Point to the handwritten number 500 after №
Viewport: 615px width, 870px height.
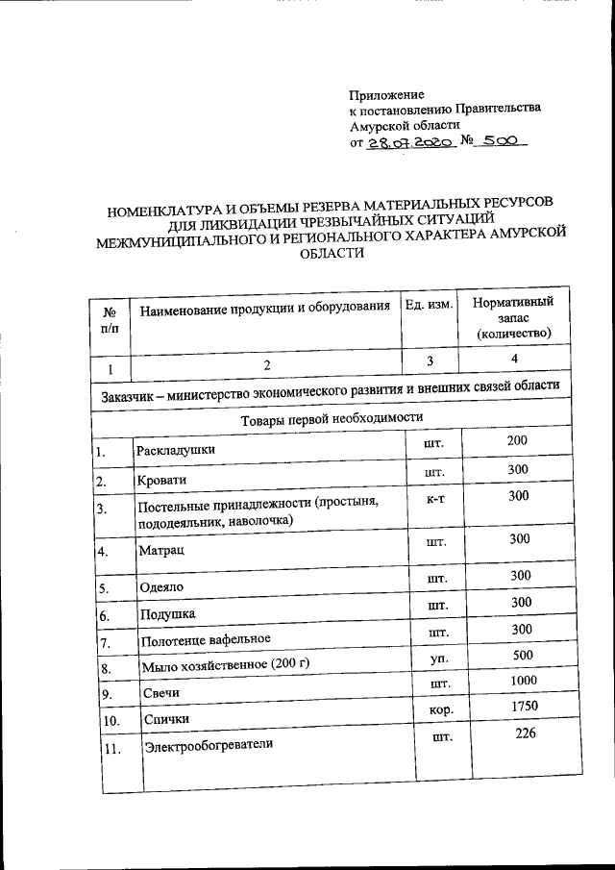[x=501, y=139]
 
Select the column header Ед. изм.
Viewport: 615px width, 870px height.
[x=429, y=306]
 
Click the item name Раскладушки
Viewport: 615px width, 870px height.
[x=176, y=449]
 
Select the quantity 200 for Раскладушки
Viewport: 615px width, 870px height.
[x=519, y=440]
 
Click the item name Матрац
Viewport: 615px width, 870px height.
[x=159, y=551]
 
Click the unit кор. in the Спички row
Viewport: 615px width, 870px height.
[x=439, y=710]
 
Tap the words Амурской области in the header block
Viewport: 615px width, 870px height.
[x=405, y=124]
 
